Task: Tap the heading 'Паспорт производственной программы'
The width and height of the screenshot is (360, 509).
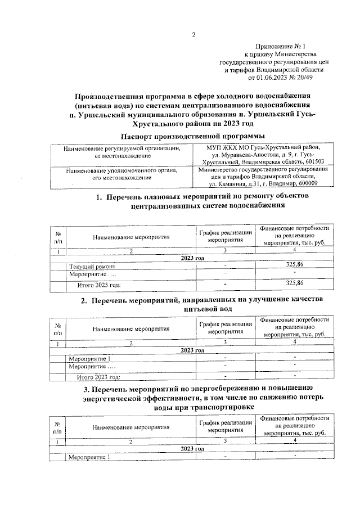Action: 193,137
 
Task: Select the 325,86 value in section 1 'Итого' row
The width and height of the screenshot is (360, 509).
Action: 294,283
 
